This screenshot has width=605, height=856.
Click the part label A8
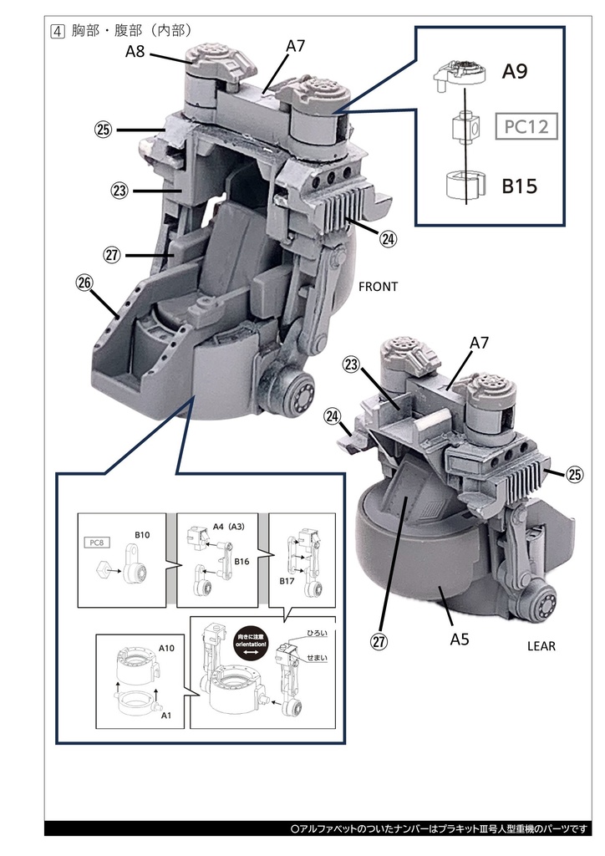(135, 52)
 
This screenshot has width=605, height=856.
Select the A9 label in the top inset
(515, 72)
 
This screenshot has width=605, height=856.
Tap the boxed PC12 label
(526, 129)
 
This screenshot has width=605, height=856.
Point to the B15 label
(519, 186)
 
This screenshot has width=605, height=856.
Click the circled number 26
(84, 283)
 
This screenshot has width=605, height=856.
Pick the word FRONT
(378, 287)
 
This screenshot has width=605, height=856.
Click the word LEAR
(541, 646)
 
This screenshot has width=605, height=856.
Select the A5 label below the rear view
(459, 639)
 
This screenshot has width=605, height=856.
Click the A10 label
(167, 648)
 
